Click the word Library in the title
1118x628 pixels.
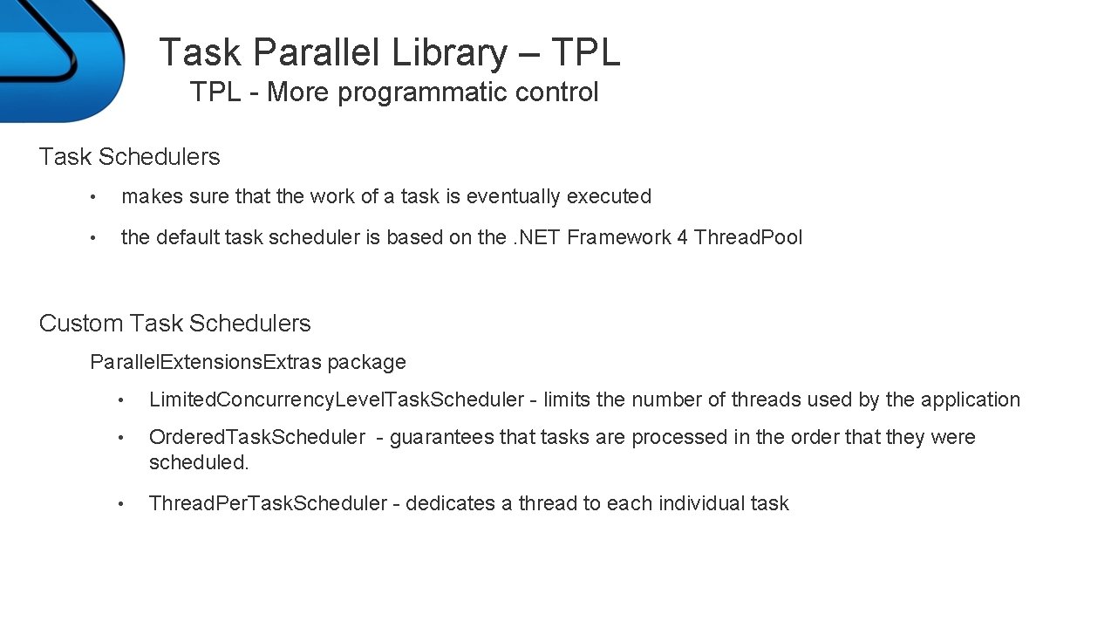point(448,52)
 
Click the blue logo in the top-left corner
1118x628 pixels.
point(57,57)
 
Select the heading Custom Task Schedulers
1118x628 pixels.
point(174,324)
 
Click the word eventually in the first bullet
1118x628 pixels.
point(514,197)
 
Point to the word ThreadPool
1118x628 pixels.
point(748,237)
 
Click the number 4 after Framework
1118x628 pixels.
point(681,237)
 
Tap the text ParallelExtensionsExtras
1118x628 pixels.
point(206,362)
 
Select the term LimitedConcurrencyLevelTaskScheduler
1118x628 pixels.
point(337,399)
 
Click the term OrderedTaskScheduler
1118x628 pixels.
point(257,437)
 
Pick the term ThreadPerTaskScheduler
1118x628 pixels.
point(268,503)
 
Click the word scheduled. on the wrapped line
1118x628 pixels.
point(199,462)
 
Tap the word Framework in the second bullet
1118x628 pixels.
point(618,237)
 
